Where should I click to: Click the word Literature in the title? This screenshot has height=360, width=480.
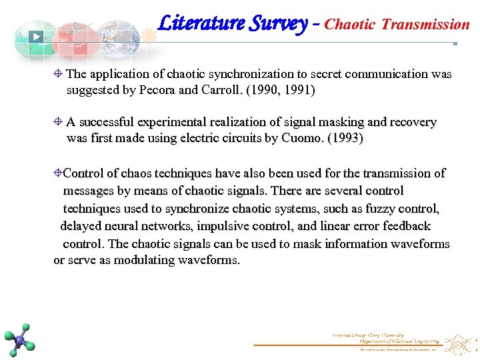[x=201, y=24]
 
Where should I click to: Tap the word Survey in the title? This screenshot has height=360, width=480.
[x=279, y=24]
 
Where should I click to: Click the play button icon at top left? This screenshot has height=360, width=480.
[x=37, y=37]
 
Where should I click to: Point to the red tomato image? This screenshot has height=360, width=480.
[x=75, y=41]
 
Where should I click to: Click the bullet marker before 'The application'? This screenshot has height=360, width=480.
[x=59, y=74]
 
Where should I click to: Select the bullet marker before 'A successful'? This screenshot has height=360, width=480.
[x=59, y=122]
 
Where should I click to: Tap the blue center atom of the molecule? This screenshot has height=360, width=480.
[x=20, y=341]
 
